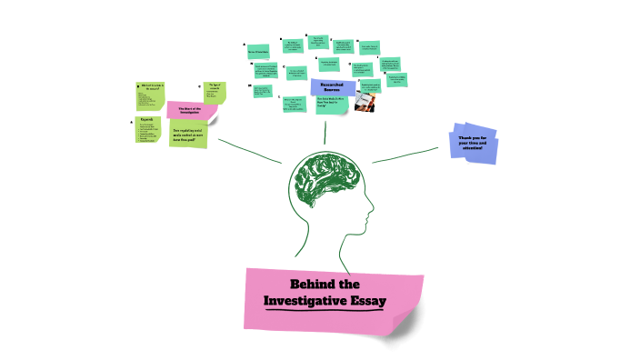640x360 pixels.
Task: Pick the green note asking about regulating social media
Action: coord(189,135)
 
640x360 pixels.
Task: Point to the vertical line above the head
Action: coord(325,134)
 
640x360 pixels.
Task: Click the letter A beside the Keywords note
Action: coord(132,121)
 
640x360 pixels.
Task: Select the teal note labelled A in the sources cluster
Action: coord(258,52)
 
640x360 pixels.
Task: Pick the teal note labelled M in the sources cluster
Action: coord(263,90)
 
